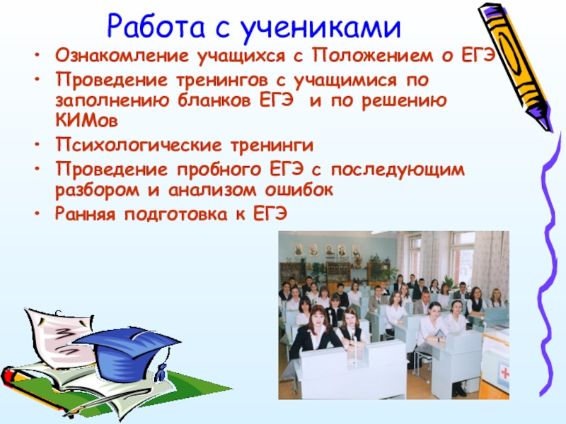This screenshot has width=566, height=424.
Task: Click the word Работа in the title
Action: click(156, 26)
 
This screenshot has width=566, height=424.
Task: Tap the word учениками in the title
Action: click(320, 27)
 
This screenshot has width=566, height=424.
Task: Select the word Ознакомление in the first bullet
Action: click(122, 56)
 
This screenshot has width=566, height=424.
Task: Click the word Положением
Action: click(373, 56)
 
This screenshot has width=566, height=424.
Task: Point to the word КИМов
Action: click(86, 120)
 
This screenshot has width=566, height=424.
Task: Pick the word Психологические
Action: click(139, 146)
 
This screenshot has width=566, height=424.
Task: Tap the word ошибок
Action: click(299, 189)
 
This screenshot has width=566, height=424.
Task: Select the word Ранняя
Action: click(85, 214)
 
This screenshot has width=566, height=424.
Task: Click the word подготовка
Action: click(176, 215)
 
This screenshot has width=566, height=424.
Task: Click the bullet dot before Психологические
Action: click(37, 145)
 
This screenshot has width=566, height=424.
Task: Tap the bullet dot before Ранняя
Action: click(37, 213)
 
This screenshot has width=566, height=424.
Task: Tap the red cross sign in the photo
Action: click(504, 373)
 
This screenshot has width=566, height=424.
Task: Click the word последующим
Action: click(398, 170)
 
